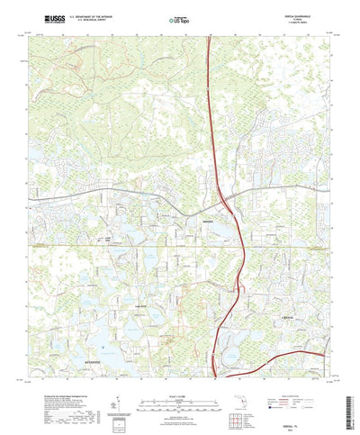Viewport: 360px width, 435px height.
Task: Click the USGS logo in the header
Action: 51,16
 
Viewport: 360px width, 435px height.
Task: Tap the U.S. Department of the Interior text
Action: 90,14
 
